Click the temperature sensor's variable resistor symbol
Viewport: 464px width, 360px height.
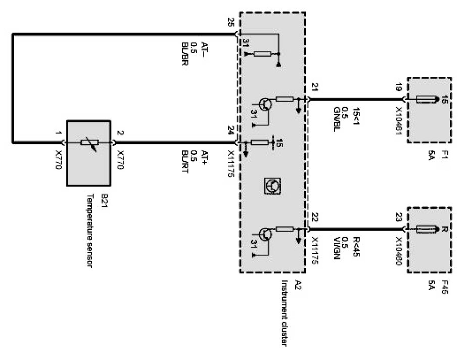point(88,145)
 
